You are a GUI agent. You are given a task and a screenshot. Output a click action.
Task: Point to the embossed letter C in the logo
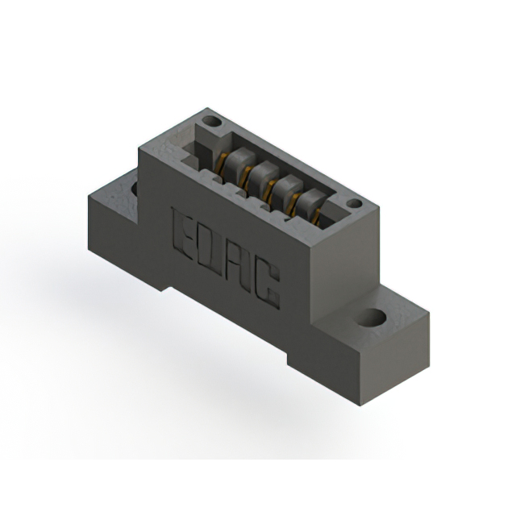pos(267,286)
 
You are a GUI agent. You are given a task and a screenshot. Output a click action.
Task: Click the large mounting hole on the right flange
pos(371,317)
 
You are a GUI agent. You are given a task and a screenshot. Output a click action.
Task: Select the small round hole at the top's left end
pos(211,122)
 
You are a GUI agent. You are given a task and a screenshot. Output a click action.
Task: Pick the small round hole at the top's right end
pos(355,204)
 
